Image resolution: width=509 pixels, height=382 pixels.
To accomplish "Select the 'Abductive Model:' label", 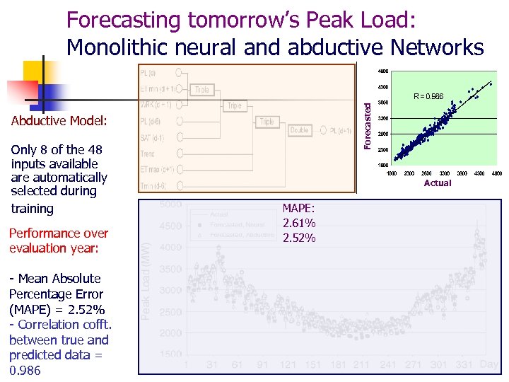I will click(59, 121).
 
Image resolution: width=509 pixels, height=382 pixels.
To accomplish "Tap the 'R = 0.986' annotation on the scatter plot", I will click(428, 96).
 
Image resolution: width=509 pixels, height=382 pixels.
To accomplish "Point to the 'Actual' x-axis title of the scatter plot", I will click(437, 183).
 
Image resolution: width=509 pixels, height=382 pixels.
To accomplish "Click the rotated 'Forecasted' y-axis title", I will click(366, 124).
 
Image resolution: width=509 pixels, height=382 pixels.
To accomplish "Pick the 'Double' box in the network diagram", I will click(300, 130).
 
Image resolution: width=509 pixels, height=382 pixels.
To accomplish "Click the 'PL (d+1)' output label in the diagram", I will click(340, 130).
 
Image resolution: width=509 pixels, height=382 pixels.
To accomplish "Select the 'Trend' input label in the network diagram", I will click(149, 154).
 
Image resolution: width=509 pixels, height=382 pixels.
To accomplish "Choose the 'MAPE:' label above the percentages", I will click(298, 209).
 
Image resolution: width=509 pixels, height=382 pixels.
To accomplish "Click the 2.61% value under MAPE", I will click(298, 224).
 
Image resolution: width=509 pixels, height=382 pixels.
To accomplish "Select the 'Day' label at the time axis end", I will click(488, 364).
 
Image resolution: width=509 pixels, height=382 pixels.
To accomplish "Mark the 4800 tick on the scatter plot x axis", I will click(497, 173).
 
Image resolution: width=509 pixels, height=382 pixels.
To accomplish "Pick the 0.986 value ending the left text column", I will click(25, 371).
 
